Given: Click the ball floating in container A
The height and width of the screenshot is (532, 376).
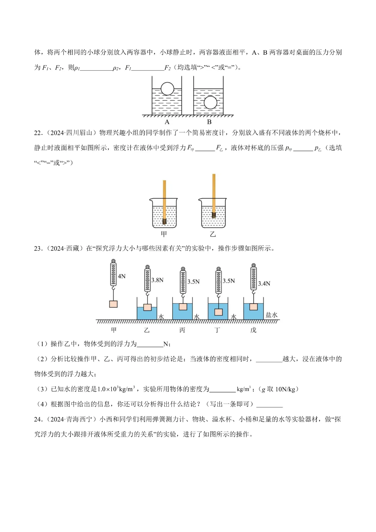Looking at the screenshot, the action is point(167,89).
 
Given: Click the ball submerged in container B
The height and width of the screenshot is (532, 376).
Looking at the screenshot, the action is point(210,102).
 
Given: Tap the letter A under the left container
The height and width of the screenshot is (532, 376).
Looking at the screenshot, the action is point(167,122).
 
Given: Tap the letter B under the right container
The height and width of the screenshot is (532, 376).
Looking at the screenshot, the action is point(209,122).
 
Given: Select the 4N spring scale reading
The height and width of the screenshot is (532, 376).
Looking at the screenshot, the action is point(122,276).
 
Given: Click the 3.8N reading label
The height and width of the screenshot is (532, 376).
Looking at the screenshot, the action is point(157,280).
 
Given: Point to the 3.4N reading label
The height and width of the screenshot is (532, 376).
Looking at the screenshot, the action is point(264,284).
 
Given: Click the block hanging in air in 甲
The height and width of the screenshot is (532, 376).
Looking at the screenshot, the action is point(113,304).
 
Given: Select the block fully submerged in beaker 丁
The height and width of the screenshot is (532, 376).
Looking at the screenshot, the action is point(219,312).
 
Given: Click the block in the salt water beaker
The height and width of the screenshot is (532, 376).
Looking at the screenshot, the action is point(253,307).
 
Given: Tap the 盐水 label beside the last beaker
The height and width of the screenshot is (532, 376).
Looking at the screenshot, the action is point(272,315).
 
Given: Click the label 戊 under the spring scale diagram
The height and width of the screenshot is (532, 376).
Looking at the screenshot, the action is point(253,330).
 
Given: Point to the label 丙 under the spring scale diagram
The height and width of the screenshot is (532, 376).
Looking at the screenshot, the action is point(182,330).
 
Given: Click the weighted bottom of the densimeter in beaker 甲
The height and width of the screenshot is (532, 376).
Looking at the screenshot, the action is point(164,221).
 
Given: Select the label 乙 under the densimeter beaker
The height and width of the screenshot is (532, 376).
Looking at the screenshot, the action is point(213,234).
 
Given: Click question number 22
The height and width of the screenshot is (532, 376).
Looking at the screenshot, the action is point(38,133).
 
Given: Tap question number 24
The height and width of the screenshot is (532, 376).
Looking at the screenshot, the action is point(38,419).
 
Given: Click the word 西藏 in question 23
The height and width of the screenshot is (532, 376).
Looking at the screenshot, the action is point(73,248).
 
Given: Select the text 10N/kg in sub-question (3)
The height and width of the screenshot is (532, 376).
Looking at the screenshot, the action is point(285,389).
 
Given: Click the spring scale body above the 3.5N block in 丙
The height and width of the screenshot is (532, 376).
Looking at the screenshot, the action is point(183,282).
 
